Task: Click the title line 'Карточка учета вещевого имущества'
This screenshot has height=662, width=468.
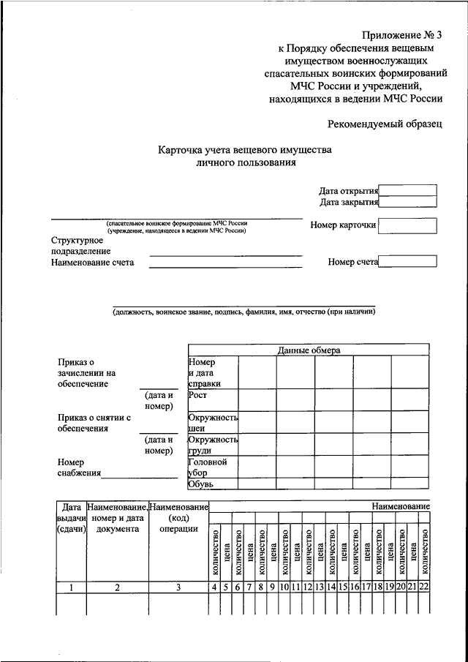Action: pyautogui.click(x=245, y=150)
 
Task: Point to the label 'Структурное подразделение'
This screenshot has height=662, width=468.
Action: pyautogui.click(x=80, y=245)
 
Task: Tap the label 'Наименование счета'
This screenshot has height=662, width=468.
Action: pyautogui.click(x=93, y=263)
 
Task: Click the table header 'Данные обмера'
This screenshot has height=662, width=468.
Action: pyautogui.click(x=309, y=350)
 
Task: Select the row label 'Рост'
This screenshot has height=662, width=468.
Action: pyautogui.click(x=197, y=395)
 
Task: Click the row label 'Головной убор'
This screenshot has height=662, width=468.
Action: pyautogui.click(x=208, y=467)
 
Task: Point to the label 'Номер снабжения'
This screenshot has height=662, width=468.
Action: pyautogui.click(x=76, y=467)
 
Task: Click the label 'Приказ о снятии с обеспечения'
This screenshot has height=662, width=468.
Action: pyautogui.click(x=94, y=423)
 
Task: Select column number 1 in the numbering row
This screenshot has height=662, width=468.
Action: pyautogui.click(x=71, y=587)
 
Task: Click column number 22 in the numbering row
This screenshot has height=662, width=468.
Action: pyautogui.click(x=424, y=587)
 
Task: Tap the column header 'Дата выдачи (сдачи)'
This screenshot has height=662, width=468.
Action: pyautogui.click(x=71, y=517)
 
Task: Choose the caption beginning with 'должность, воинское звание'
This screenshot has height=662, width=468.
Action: pyautogui.click(x=244, y=312)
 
